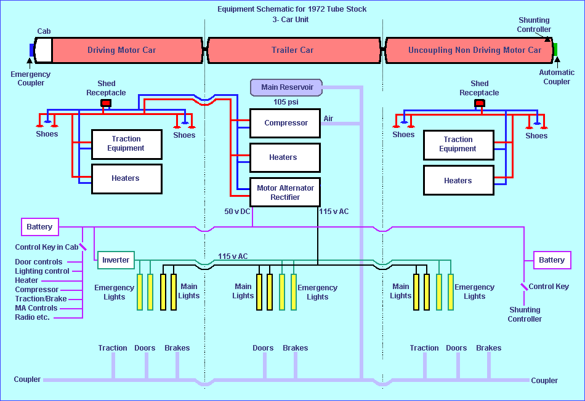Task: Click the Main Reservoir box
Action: coord(286,87)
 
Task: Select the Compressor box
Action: coord(285,123)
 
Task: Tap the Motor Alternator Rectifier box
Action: coord(285,193)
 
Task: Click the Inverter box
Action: coord(116,260)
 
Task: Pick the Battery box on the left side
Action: coord(39,227)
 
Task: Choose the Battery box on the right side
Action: coord(552,260)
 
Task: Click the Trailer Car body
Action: coord(292,50)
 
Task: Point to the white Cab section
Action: coord(43,50)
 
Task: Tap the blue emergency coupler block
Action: coord(32,50)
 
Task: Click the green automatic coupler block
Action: coord(555,50)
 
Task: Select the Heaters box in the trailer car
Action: coord(285,157)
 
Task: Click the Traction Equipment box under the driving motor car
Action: coord(126,144)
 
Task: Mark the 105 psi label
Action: coord(286,102)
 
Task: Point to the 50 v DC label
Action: coord(236,212)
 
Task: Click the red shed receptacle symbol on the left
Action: coord(106,103)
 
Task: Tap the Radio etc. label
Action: coord(33,317)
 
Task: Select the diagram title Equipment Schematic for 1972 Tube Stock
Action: coord(292,9)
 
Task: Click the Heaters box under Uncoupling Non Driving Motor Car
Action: coord(458,181)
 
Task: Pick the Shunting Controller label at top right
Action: coord(534,25)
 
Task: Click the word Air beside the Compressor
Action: coord(329,118)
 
